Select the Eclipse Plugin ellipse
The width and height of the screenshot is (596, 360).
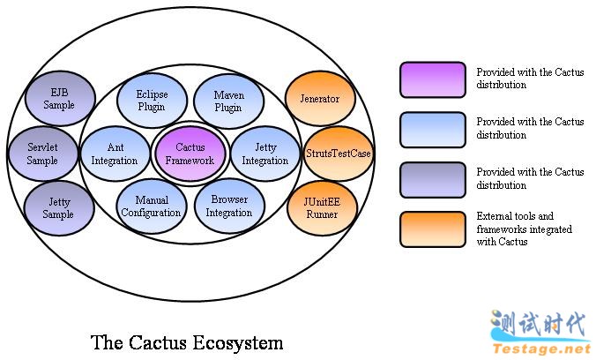click(x=152, y=101)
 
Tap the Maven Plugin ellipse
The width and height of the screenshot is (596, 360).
click(x=227, y=101)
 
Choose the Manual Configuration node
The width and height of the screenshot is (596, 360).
click(x=151, y=206)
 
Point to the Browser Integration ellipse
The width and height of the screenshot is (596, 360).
click(x=228, y=206)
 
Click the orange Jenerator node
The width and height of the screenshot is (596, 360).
click(x=319, y=99)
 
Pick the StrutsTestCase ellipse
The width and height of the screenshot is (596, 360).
click(x=338, y=154)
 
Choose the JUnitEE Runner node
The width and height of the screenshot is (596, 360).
click(x=319, y=206)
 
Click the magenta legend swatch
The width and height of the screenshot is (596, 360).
click(x=432, y=79)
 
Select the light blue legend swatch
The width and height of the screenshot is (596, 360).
click(x=432, y=129)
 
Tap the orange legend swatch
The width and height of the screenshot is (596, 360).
click(x=432, y=229)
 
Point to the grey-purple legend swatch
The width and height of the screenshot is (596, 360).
click(x=432, y=179)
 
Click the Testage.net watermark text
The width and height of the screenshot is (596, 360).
click(x=540, y=349)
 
